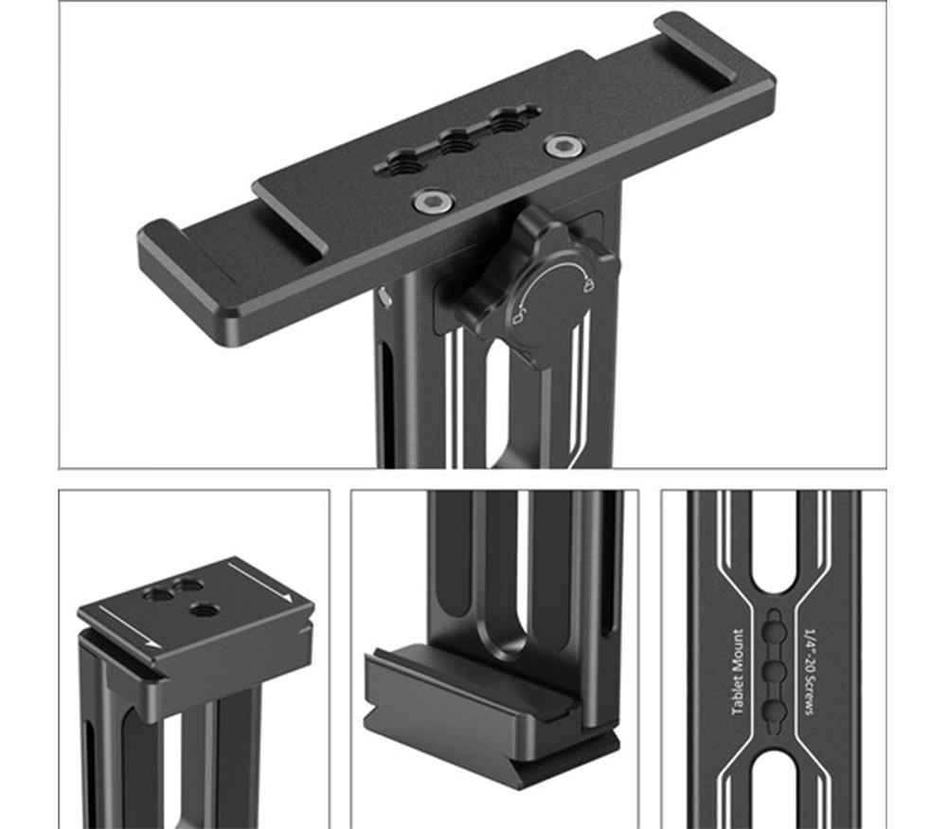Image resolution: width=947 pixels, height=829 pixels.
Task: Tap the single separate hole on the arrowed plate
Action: pos(202,611)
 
